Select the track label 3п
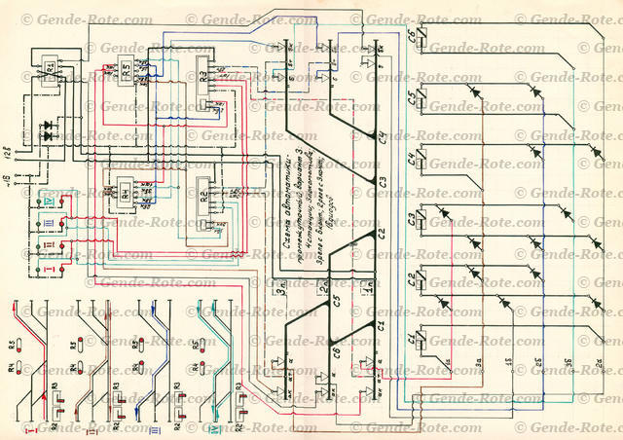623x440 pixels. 280,284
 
